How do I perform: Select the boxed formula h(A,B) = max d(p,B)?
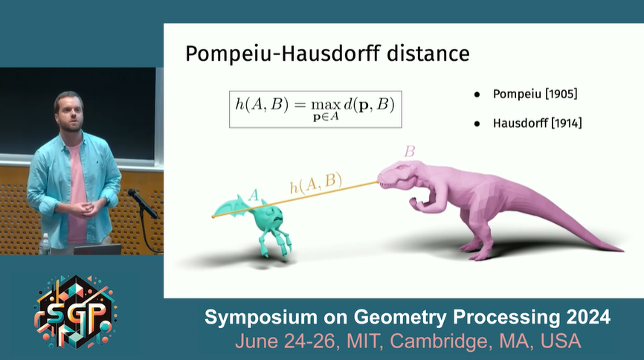pos(315,109)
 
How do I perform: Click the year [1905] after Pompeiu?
pos(561,94)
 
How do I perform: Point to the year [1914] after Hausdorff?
pos(567,123)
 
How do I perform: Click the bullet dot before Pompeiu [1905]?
pos(477,95)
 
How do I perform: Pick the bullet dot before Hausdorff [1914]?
pos(477,123)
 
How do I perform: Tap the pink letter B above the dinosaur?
pos(409,152)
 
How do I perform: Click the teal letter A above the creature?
pos(254,194)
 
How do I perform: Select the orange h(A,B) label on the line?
pos(316,183)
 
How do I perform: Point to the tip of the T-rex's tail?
pos(623,249)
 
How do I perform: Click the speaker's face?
pos(70,113)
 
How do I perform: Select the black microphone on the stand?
pos(142,203)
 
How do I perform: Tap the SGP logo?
pos(75,312)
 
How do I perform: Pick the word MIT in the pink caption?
pos(364,341)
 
